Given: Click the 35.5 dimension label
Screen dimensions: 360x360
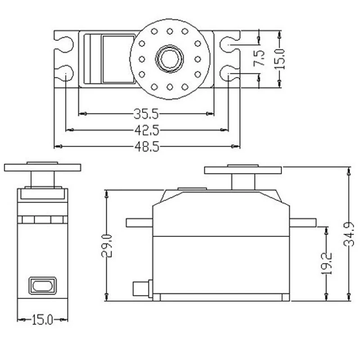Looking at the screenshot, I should click(x=145, y=112).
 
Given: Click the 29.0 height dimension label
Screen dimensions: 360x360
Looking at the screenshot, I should click(x=107, y=245).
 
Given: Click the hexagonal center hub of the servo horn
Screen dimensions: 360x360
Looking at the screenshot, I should click(x=170, y=58).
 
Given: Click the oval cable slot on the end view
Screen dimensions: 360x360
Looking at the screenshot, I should click(x=43, y=285).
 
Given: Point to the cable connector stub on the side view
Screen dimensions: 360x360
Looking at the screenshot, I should click(x=142, y=288).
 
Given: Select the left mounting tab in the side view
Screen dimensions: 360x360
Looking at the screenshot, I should click(x=139, y=222).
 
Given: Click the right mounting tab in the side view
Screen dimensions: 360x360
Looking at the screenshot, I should click(x=302, y=222).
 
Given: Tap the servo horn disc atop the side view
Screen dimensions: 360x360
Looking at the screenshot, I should click(x=243, y=170).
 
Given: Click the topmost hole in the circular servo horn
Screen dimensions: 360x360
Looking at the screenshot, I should click(x=170, y=31).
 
